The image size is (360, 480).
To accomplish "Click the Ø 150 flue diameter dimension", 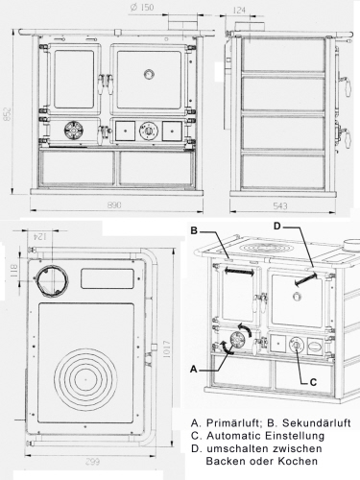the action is pyautogui.click(x=142, y=8).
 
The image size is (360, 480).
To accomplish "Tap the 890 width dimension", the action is pyautogui.click(x=114, y=204).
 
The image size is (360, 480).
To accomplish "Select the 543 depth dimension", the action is pyautogui.click(x=280, y=206).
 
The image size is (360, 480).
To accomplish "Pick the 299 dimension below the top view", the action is pyautogui.click(x=92, y=462).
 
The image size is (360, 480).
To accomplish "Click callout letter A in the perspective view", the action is pyautogui.click(x=193, y=370).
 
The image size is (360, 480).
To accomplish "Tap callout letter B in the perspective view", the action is pyautogui.click(x=194, y=230).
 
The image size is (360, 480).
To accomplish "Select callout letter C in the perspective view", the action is pyautogui.click(x=313, y=382).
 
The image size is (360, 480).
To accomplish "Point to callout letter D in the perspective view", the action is pyautogui.click(x=277, y=227).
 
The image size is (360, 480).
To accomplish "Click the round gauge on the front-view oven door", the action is pyautogui.click(x=149, y=74).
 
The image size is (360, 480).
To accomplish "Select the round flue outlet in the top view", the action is pyautogui.click(x=52, y=281).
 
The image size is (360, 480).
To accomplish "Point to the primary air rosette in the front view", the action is pyautogui.click(x=74, y=131).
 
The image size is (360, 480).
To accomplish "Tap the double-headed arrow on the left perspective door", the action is pyautogui.click(x=239, y=272).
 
